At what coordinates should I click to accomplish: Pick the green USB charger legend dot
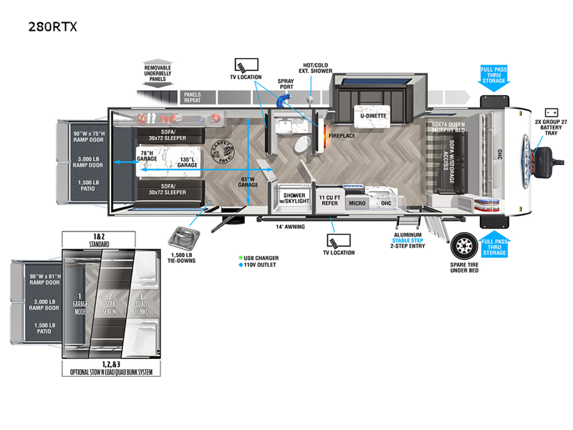241,258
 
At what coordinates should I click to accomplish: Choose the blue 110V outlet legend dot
241,266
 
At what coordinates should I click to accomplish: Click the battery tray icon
552,112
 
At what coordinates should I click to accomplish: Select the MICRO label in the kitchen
357,204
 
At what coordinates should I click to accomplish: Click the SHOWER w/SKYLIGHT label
295,199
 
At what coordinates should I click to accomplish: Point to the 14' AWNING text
291,227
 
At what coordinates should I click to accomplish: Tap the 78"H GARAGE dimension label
148,157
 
